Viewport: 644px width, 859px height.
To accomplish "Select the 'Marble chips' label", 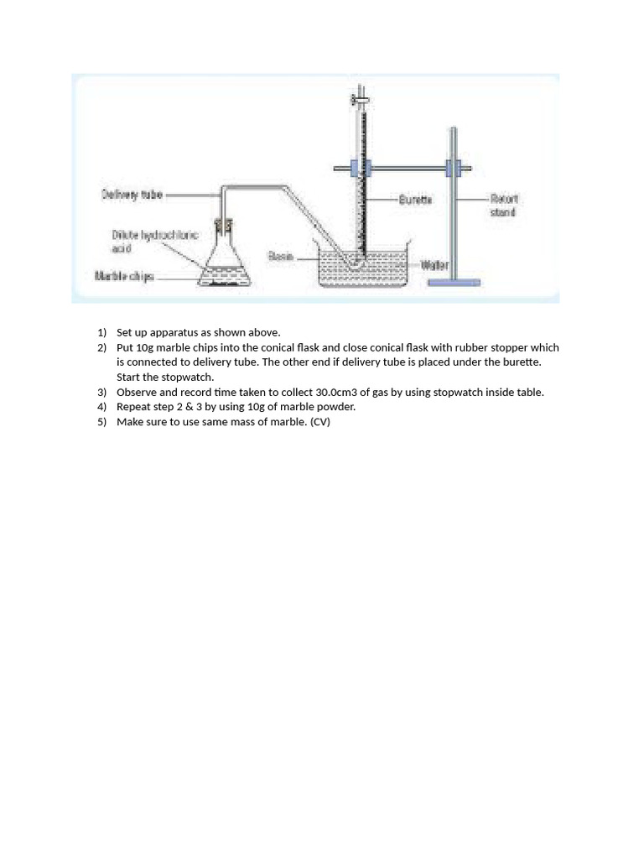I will [124, 275].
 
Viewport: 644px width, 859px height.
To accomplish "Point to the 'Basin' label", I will [281, 256].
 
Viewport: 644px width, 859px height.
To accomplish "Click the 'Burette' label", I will [415, 200].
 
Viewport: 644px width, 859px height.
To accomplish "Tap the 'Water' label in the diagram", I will [434, 266].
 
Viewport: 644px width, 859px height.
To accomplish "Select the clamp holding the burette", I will [354, 168].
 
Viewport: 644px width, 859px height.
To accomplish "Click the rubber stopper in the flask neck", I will [223, 225].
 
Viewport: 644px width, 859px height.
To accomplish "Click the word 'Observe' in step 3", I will [137, 392].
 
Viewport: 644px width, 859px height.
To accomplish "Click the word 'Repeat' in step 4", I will [134, 407].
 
